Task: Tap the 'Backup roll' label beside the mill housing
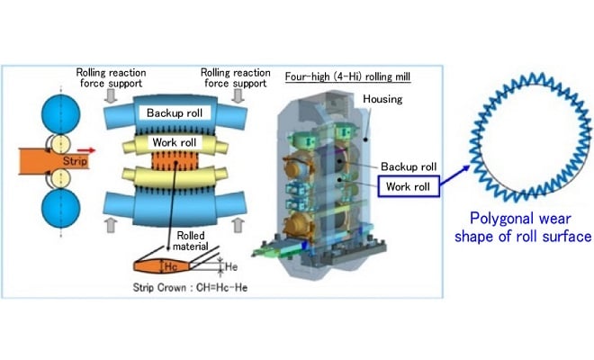pos(409,166)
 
